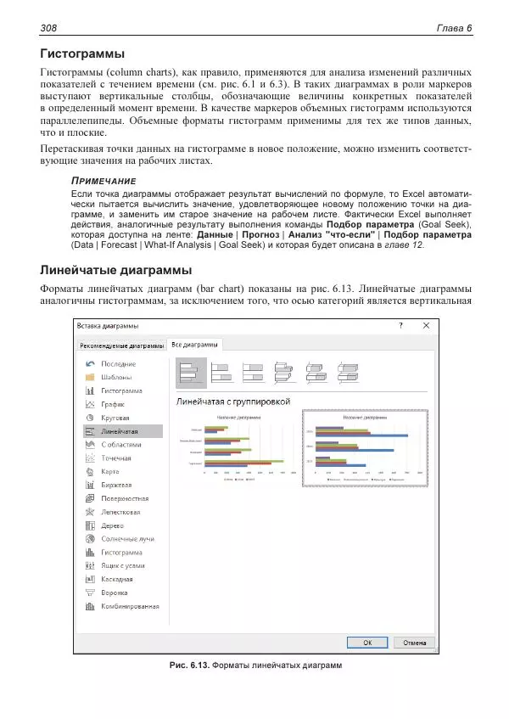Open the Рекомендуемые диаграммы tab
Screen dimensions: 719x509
[x=120, y=345]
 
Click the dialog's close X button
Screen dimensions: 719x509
[x=426, y=325]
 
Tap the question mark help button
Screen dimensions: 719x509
[x=400, y=325]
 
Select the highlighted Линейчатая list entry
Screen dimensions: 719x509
[x=119, y=431]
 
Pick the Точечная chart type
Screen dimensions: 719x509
[x=116, y=458]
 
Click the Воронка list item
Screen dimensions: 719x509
[x=115, y=593]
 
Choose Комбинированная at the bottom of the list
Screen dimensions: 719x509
[x=130, y=606]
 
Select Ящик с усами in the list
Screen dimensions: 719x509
[x=122, y=565]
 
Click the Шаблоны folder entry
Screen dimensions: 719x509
[x=116, y=377]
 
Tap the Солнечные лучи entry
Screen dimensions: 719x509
[x=127, y=539]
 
